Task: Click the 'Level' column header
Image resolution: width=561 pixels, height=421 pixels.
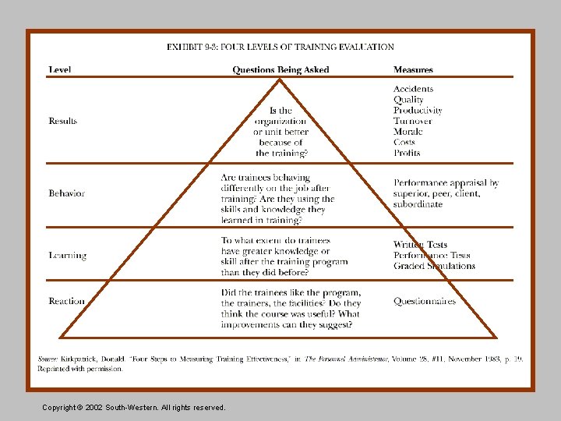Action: point(60,69)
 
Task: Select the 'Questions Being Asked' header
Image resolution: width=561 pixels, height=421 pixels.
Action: point(280,69)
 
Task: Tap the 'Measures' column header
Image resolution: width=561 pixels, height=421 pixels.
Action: point(413,69)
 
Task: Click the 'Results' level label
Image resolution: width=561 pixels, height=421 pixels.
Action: point(63,121)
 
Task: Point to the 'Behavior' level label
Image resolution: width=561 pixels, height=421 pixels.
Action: point(66,193)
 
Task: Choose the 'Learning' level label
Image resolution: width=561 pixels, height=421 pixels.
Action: point(67,255)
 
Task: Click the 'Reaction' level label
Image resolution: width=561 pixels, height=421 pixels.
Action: point(66,301)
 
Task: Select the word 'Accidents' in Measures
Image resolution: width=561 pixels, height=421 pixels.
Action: point(413,89)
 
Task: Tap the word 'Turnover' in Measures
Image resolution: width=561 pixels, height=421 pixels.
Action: point(413,121)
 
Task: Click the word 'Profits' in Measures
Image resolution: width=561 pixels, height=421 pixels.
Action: point(407,153)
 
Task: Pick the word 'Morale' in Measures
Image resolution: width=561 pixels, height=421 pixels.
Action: point(408,132)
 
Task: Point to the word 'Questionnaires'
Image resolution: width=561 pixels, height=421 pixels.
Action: point(425,301)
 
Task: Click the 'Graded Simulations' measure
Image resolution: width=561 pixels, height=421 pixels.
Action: point(434,266)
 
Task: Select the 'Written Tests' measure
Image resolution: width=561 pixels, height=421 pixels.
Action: point(421,245)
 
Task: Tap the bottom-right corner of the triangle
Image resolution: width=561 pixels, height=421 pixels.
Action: point(496,337)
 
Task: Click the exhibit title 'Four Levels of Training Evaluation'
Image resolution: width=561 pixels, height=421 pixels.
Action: point(280,47)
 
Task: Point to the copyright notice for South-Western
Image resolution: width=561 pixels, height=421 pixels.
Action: point(134,407)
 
